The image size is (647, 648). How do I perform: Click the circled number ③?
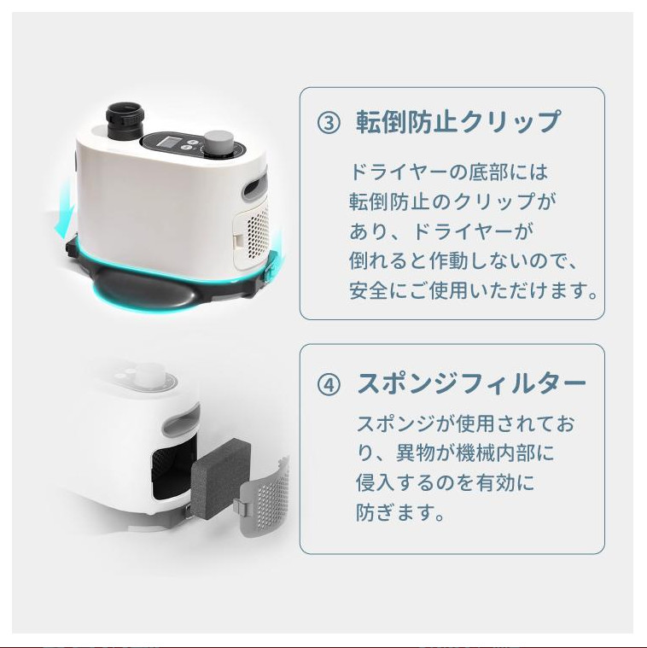[329, 123]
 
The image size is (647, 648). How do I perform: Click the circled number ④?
[329, 385]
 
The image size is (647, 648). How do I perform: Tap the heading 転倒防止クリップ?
[459, 122]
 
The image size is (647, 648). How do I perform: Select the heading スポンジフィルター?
[471, 384]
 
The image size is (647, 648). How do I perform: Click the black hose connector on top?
[125, 120]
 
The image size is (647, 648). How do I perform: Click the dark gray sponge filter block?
[221, 479]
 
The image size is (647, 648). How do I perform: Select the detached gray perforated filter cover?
[265, 497]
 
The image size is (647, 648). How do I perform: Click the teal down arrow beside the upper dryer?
[65, 212]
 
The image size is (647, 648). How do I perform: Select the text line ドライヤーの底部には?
[449, 172]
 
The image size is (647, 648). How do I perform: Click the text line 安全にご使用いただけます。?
[474, 291]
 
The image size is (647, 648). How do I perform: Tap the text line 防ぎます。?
[400, 513]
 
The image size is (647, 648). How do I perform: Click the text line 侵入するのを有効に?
[446, 483]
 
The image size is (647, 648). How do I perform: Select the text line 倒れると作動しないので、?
[463, 261]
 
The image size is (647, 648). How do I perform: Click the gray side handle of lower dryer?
[181, 423]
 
